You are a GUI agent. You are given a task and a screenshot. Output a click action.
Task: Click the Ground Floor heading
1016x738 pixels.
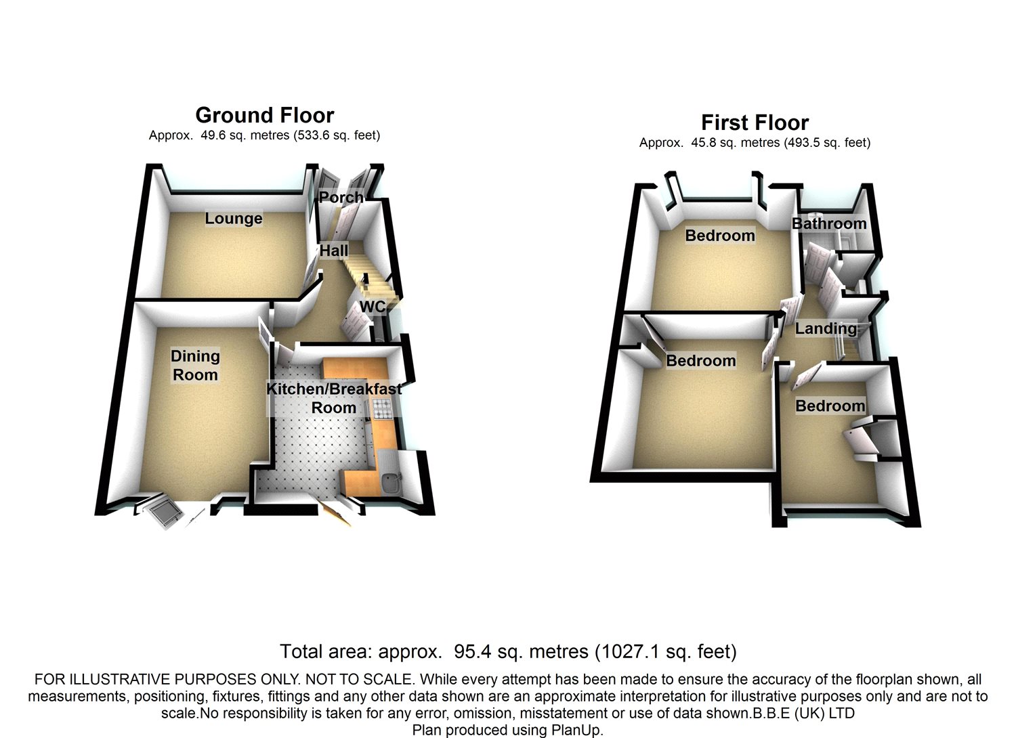265,115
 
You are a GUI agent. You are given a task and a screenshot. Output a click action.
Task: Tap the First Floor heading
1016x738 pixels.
755,123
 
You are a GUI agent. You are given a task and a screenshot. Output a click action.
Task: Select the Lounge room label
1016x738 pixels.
234,219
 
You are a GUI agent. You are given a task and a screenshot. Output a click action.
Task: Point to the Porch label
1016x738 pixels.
341,197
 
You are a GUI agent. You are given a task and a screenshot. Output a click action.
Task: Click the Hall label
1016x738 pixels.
334,251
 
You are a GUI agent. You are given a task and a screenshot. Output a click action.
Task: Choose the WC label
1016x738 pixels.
373,307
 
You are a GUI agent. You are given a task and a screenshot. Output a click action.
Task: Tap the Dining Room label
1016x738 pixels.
196,366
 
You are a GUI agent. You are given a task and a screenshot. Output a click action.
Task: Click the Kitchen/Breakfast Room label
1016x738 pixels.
334,398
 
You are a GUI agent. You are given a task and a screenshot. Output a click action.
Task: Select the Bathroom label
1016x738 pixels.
829,223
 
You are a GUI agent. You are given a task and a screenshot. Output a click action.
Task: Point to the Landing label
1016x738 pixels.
826,328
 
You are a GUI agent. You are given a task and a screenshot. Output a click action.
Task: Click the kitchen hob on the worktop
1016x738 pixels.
382,410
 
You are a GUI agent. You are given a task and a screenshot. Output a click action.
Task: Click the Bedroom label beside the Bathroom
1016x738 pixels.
720,235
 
